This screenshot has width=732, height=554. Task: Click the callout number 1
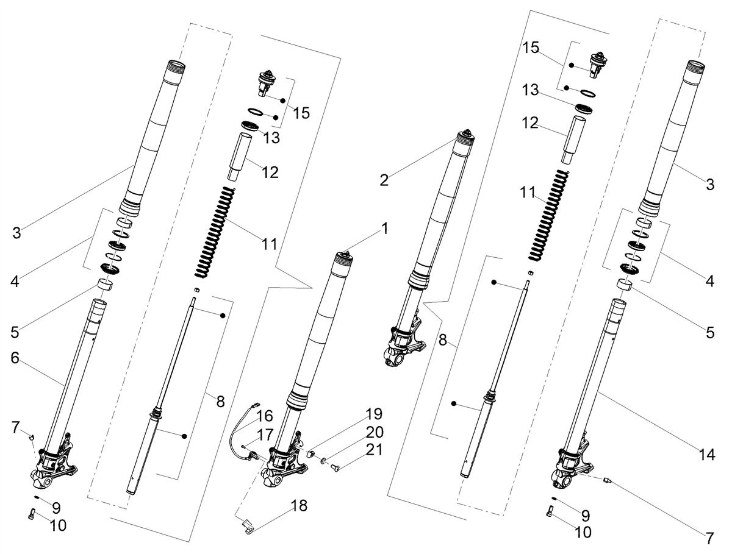coord(385,229)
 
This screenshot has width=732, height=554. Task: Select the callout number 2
coord(384,180)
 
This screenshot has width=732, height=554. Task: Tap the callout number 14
coord(706,455)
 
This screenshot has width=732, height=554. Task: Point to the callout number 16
coord(265,416)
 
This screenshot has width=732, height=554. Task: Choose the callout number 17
coord(265,435)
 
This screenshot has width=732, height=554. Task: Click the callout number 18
coord(299,506)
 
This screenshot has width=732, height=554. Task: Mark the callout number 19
coord(373,414)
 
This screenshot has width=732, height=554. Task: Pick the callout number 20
coord(374,432)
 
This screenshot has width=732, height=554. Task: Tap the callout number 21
coord(374,450)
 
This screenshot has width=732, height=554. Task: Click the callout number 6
coord(15,358)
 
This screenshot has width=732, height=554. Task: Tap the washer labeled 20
coord(323,461)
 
